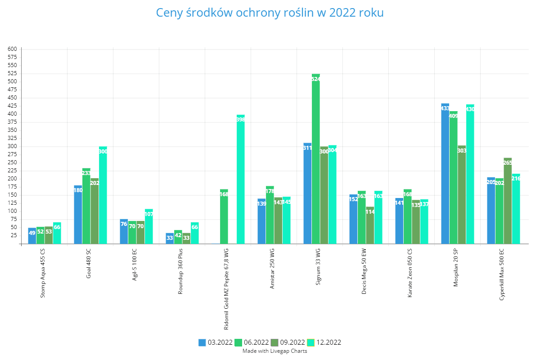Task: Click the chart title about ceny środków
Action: pos(270,13)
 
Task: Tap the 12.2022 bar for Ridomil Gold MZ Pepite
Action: pos(241,180)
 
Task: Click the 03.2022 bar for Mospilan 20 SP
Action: pos(445,175)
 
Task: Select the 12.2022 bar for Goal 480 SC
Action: pos(103,196)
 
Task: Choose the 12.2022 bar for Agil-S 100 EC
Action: pos(149,227)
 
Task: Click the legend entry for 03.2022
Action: pos(216,342)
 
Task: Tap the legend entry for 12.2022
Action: pos(324,342)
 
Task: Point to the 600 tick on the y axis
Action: pos(13,49)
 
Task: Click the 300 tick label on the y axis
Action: pos(13,146)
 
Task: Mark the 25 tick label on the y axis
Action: pos(14,235)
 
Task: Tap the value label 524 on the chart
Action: pos(315,79)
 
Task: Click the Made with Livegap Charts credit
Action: pos(274,351)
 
